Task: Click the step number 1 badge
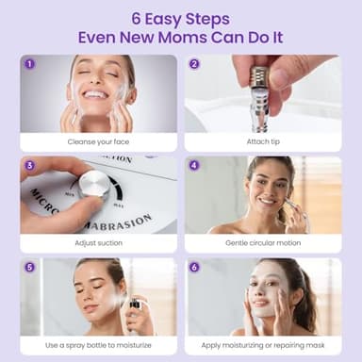pos(29,64)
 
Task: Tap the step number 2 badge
pos(194,64)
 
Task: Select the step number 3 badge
pos(29,165)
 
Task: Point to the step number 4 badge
pos(194,165)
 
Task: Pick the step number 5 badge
pos(29,267)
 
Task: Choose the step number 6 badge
pos(194,267)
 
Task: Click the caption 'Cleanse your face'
pos(98,141)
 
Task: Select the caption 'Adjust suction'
pos(98,242)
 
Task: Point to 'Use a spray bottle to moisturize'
pos(98,345)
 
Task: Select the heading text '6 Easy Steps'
pos(181,17)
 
